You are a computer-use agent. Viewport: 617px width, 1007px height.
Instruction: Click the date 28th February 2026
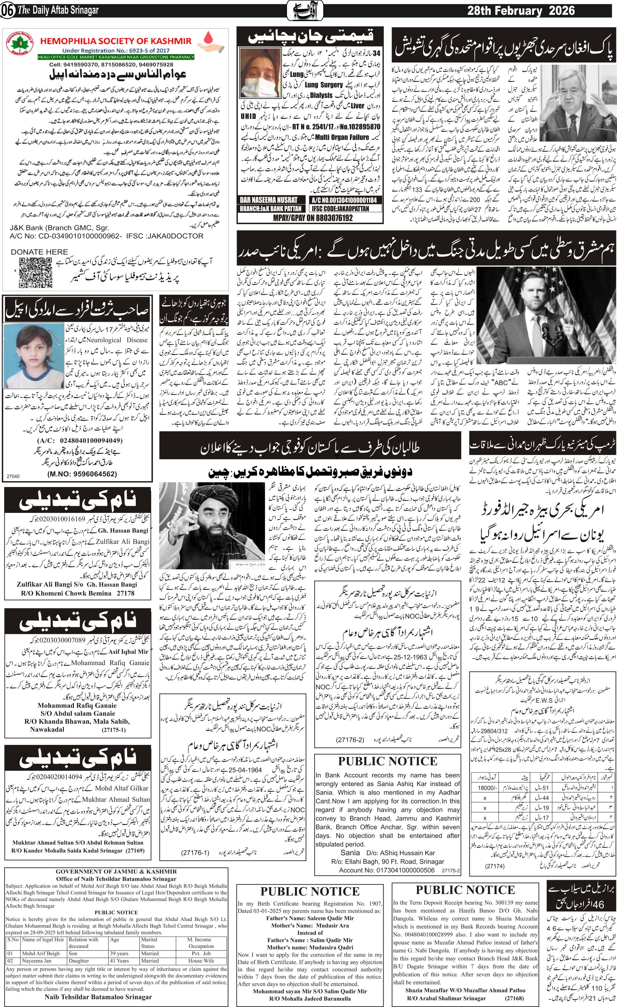[x=521, y=11]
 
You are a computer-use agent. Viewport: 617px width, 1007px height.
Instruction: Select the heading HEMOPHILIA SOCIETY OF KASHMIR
[x=116, y=41]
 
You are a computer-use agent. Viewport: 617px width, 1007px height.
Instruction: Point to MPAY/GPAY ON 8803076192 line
[x=310, y=218]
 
